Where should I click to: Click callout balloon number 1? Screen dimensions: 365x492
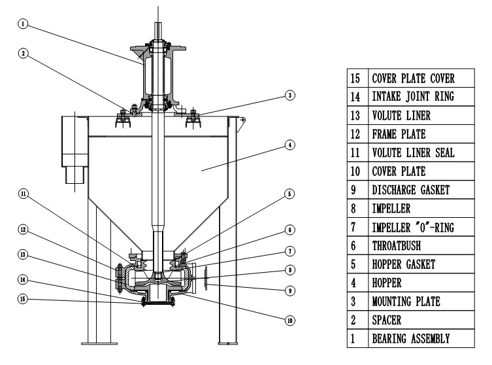pyautogui.click(x=24, y=24)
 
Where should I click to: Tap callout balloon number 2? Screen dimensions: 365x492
pyautogui.click(x=24, y=55)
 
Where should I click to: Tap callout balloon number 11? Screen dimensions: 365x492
pyautogui.click(x=24, y=194)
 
